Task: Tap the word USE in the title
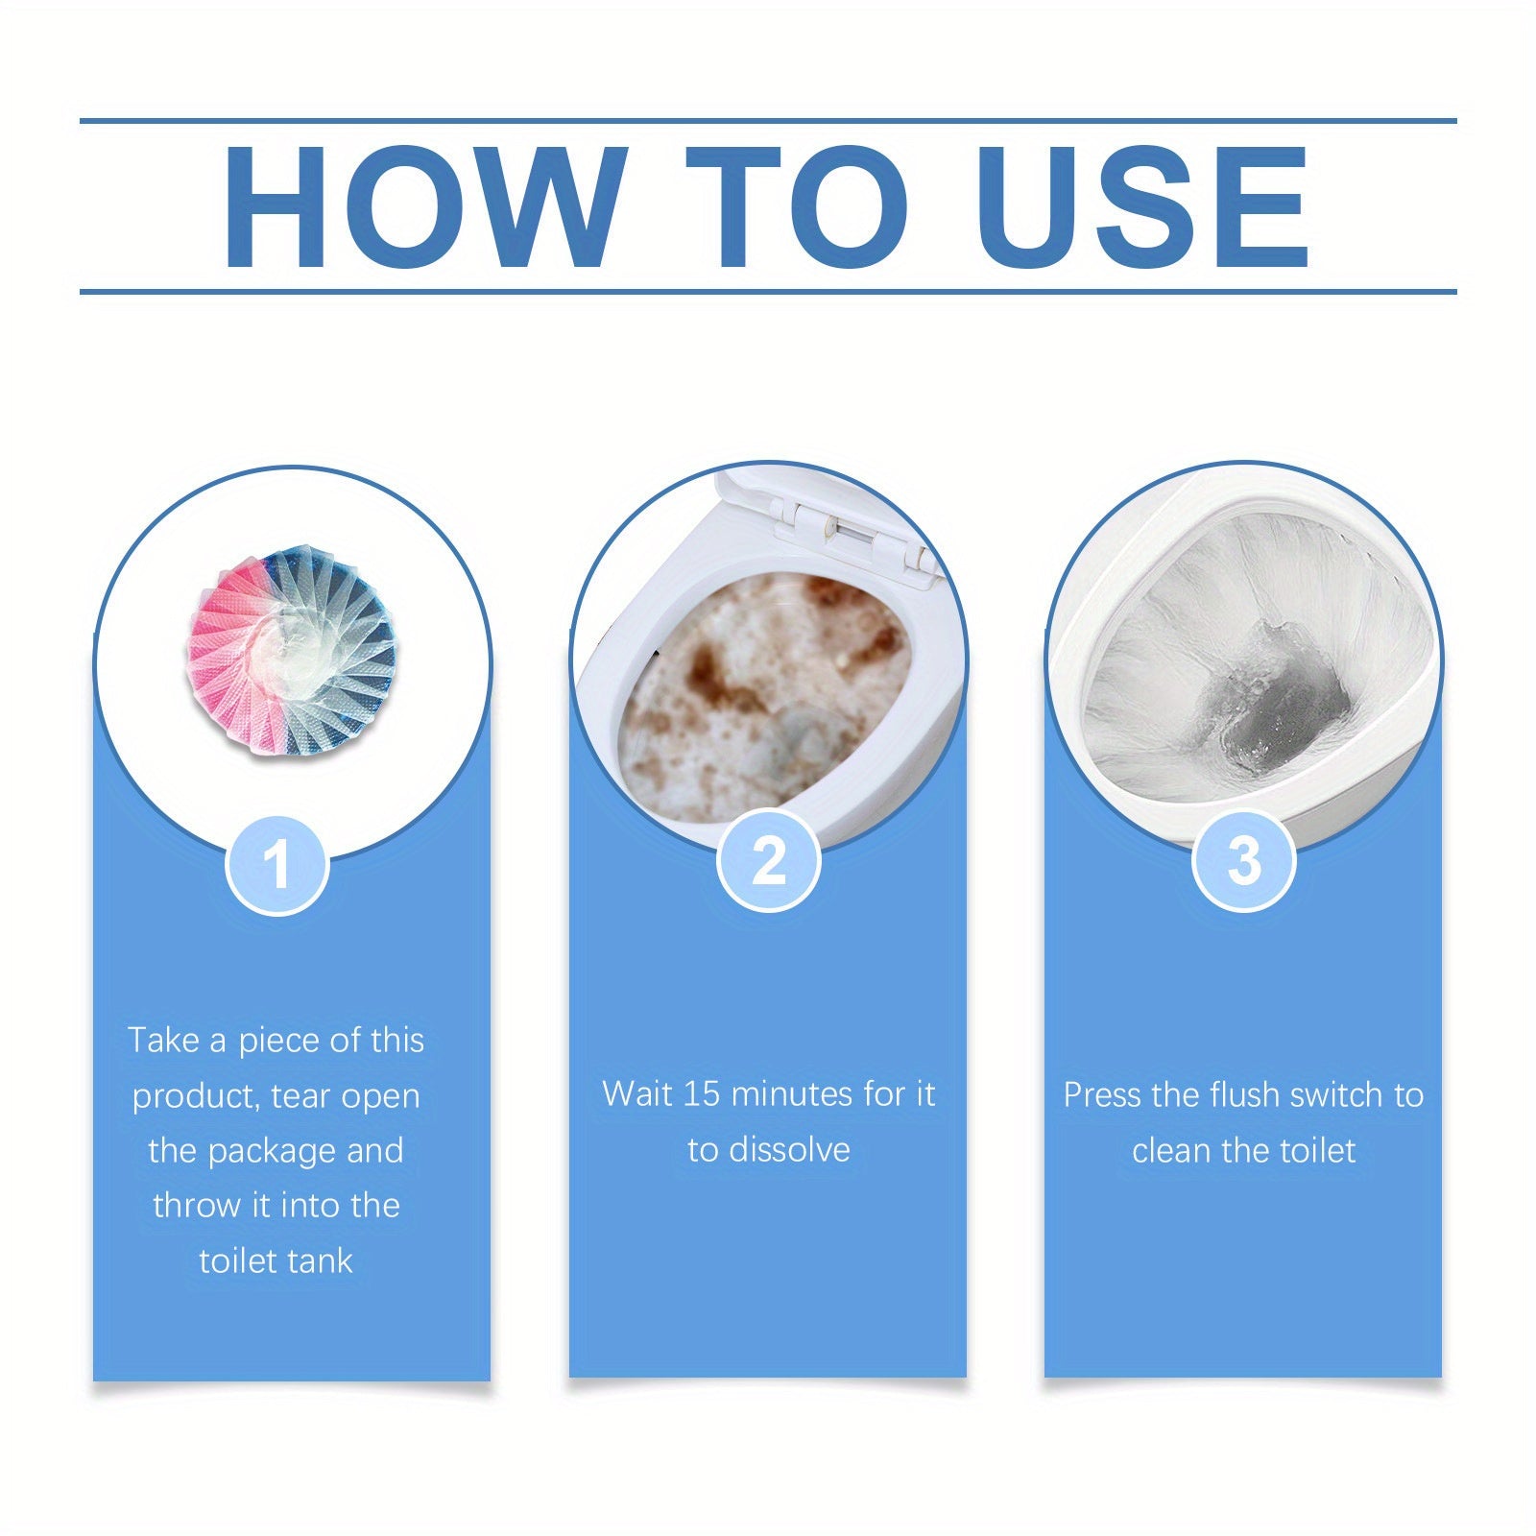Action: (x=1141, y=207)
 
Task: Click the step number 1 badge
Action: (x=277, y=864)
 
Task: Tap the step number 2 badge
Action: (x=768, y=861)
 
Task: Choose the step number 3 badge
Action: (x=1243, y=861)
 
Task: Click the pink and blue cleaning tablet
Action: (x=291, y=652)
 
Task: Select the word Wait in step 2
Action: (x=636, y=1094)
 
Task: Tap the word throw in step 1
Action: (x=196, y=1206)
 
